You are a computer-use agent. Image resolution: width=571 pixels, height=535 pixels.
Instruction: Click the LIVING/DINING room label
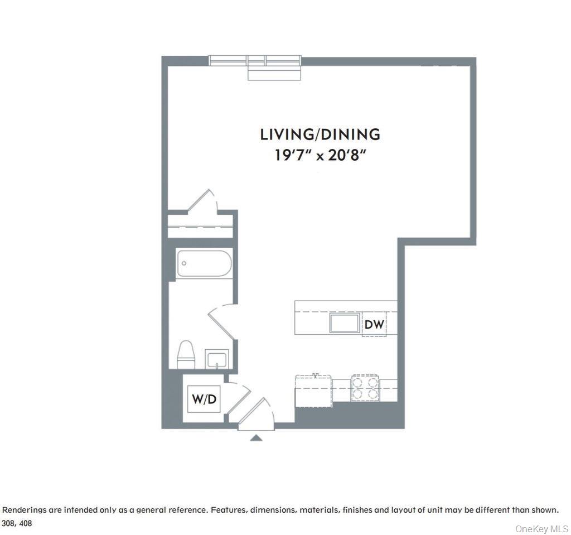click(x=320, y=134)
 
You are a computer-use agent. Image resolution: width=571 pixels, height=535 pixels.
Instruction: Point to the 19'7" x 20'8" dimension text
click(x=320, y=155)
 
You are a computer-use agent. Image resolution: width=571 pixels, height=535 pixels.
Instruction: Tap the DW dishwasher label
click(x=374, y=324)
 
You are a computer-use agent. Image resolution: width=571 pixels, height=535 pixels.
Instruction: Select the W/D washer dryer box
click(x=204, y=399)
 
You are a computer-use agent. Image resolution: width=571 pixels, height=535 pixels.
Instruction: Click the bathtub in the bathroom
click(x=204, y=264)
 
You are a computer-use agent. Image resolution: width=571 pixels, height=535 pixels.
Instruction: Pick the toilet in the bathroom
click(x=186, y=355)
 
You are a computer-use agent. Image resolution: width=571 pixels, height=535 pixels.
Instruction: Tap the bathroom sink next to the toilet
click(x=216, y=359)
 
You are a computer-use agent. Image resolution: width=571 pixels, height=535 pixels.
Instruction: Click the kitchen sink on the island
click(x=344, y=324)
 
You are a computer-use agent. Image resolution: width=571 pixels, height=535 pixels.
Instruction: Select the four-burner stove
click(x=365, y=388)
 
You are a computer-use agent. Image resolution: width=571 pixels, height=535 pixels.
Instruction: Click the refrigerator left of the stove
click(x=313, y=391)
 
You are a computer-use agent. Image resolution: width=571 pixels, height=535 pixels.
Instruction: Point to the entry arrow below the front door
click(x=256, y=438)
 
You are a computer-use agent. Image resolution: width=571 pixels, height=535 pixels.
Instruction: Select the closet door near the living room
click(x=202, y=201)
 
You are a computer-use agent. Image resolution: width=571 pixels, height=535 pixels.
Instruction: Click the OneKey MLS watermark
click(x=541, y=528)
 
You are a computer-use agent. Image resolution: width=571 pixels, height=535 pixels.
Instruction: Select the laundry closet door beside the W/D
click(x=237, y=397)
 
